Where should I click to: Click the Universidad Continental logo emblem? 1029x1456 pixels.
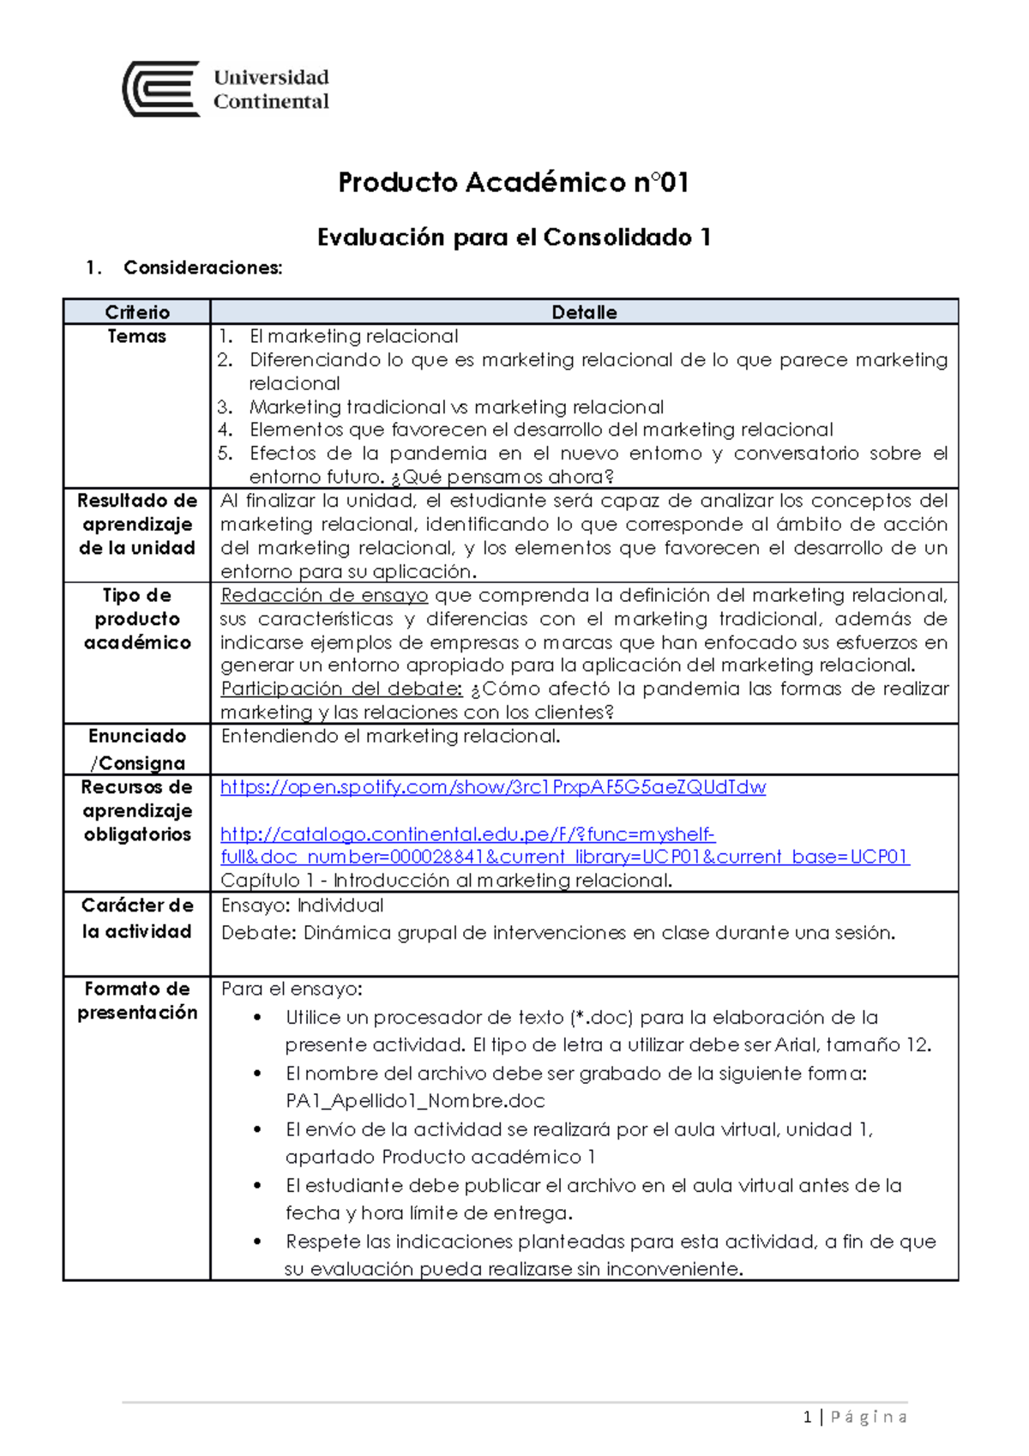[x=162, y=89]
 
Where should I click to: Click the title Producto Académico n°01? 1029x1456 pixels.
[x=513, y=183]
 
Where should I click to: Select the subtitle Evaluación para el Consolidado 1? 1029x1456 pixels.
[x=513, y=238]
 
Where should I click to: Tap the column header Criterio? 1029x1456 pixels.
[x=137, y=312]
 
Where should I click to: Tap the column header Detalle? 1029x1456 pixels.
[x=584, y=312]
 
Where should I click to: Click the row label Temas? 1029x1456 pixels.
[x=137, y=336]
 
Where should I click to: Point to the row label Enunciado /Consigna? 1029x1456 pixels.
[x=137, y=749]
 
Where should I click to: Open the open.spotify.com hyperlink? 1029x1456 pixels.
[x=493, y=787]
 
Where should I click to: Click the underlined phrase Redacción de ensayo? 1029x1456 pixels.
[x=324, y=595]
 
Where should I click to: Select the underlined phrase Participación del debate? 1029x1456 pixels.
[x=341, y=689]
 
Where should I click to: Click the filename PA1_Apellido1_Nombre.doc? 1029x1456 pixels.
[x=415, y=1101]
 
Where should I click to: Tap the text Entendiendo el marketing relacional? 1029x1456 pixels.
[x=390, y=736]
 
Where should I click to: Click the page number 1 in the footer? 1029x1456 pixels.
[x=807, y=1417]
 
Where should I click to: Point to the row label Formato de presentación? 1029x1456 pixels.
[x=137, y=1001]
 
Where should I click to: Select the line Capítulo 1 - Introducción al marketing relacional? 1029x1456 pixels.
[x=446, y=881]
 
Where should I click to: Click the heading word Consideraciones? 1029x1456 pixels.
[x=202, y=268]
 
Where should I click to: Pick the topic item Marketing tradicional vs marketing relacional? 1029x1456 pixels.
[x=456, y=407]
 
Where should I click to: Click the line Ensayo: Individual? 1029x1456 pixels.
[x=302, y=905]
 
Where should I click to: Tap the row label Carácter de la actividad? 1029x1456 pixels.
[x=137, y=918]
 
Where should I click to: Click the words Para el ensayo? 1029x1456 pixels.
[x=292, y=989]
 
